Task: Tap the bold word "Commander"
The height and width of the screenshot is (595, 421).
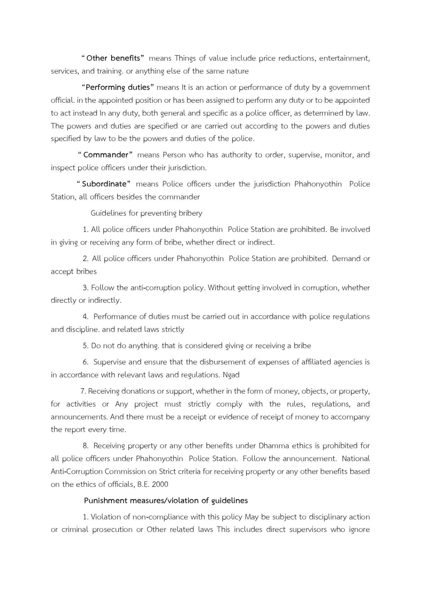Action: point(106,155)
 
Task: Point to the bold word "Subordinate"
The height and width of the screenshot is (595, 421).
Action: point(104,184)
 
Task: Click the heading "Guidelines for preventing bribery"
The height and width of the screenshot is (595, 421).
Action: point(146,213)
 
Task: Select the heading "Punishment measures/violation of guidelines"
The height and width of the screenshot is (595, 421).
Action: point(166,500)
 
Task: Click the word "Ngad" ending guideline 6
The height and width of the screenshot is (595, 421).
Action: point(231,375)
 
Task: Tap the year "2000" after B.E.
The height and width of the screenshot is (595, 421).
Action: point(160,484)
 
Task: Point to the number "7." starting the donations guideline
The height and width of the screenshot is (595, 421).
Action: point(84,391)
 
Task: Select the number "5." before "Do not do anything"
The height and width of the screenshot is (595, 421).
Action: point(86,346)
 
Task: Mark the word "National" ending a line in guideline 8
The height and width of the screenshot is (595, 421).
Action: point(356,459)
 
